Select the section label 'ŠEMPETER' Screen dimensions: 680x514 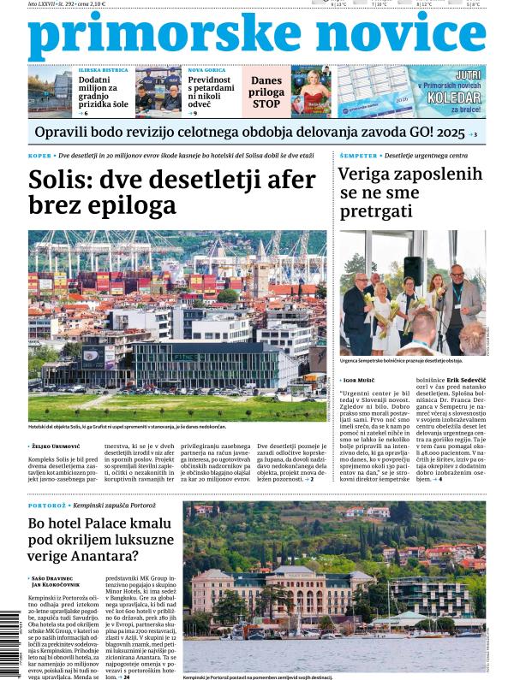(356, 156)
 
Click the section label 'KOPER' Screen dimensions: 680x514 (40, 156)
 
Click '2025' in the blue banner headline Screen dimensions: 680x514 (451, 133)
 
